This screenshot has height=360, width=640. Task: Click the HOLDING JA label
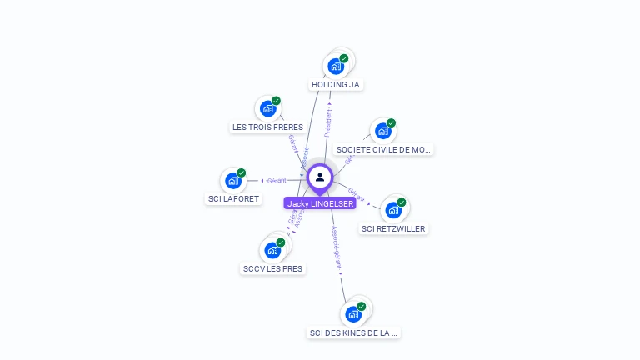coord(337,85)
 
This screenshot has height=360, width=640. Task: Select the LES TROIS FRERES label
coord(267,127)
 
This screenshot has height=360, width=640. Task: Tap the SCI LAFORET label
coord(233,199)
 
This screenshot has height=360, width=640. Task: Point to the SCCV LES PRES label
coord(272,269)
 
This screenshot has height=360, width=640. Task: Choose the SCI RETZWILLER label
coord(393,228)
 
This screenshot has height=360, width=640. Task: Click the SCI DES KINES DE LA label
coord(354,332)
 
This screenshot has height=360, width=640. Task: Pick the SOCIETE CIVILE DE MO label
coord(383,150)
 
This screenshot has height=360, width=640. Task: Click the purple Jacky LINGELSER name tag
coord(321,203)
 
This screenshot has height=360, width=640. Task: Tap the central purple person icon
coord(320,177)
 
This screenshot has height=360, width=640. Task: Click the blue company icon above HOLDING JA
coord(336,67)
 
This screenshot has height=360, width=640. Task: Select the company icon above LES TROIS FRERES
coord(268,108)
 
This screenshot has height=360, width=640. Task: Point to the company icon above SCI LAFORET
coord(233,180)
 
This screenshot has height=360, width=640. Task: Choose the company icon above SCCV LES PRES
coord(272,250)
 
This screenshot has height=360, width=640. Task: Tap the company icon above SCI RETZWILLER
coord(393,210)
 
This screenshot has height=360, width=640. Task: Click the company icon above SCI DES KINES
coord(354,314)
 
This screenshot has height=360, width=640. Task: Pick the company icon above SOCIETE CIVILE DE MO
coord(383,131)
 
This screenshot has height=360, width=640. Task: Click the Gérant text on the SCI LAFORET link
coord(277,180)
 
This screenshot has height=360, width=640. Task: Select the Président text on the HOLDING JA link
coord(328,122)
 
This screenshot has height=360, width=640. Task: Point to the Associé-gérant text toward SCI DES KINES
coord(336,247)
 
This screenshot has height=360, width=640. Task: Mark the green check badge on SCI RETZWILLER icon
coord(401,202)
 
